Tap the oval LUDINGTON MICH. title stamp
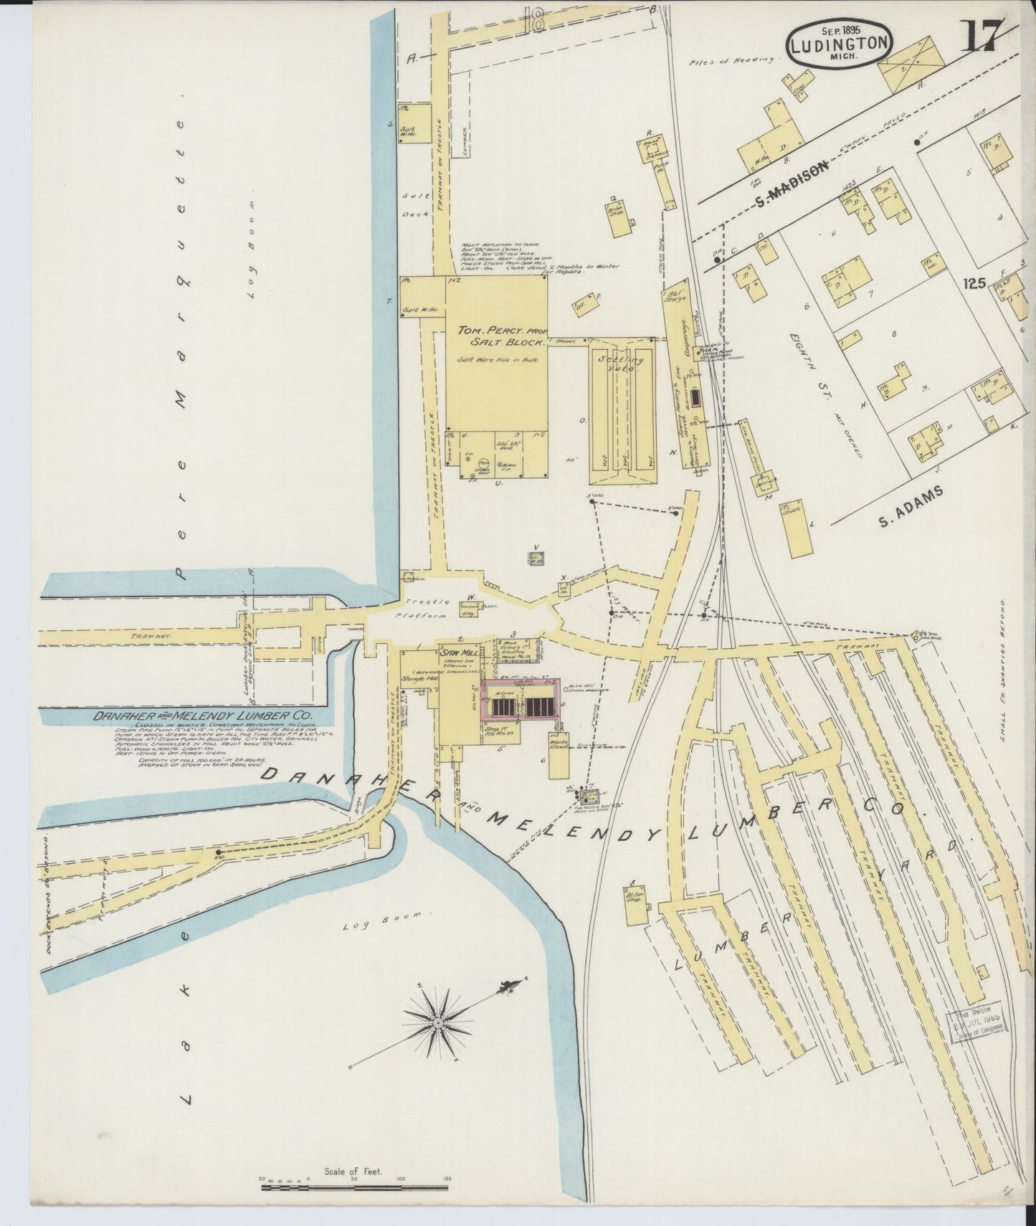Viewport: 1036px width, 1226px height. tap(840, 46)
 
